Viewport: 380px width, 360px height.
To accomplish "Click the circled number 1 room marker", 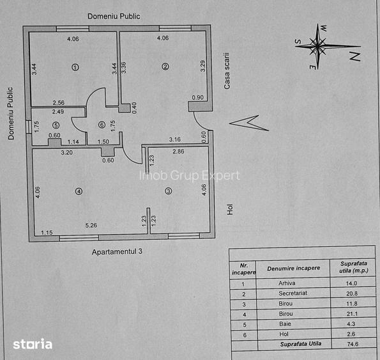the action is [75, 67].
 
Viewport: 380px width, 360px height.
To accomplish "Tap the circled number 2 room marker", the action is [165, 67].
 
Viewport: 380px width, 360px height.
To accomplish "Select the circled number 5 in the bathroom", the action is [56, 125].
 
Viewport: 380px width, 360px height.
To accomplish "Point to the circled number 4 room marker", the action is [79, 191].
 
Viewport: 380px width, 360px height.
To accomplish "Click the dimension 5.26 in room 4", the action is [91, 225].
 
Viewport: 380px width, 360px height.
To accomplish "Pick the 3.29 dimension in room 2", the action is [203, 66].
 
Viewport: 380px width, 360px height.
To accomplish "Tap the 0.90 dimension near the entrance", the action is [198, 98].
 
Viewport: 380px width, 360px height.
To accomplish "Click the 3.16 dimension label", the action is [175, 139].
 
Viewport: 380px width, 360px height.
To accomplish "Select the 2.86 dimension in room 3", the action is [178, 152].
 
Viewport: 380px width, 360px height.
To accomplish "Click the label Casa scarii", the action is [227, 71].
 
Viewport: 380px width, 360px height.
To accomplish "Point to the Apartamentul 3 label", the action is [117, 252].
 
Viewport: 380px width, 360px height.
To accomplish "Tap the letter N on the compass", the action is [355, 56].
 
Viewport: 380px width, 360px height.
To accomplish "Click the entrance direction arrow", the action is [249, 123].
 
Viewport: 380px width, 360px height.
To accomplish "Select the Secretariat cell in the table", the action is [293, 293].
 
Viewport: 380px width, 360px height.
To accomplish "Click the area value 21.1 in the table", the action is [352, 314].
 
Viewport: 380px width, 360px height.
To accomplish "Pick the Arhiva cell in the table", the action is [287, 283].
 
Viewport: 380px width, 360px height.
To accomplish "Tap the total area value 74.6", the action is [353, 344].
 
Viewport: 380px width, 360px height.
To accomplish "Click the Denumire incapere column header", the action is [294, 269].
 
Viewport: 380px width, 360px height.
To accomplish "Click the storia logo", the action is [33, 344].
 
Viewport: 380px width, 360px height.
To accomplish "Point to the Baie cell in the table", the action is [285, 324].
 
